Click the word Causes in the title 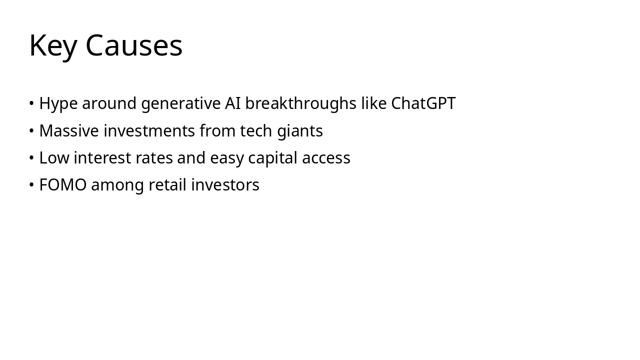point(134,45)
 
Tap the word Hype point(58,104)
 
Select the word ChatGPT point(423,103)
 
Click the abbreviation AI point(233,103)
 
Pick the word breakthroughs point(301,103)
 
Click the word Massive point(69,131)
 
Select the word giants point(300,131)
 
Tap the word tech point(256,131)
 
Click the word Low point(54,157)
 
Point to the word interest point(102,157)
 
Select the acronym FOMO point(63,185)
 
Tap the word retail point(167,184)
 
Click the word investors point(225,185)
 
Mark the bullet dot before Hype point(31,103)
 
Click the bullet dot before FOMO point(31,184)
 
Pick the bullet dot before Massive point(31,130)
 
